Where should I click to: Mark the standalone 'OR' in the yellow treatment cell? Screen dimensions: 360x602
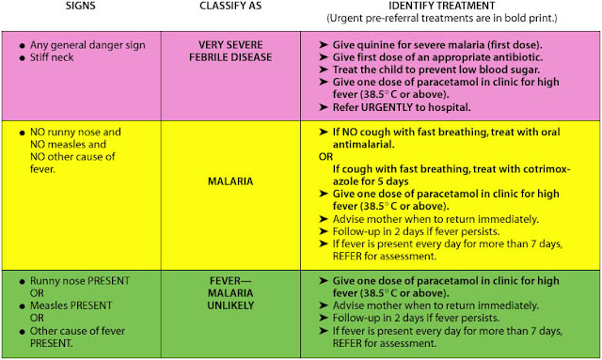pos(323,156)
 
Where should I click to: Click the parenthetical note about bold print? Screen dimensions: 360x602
pos(450,20)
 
